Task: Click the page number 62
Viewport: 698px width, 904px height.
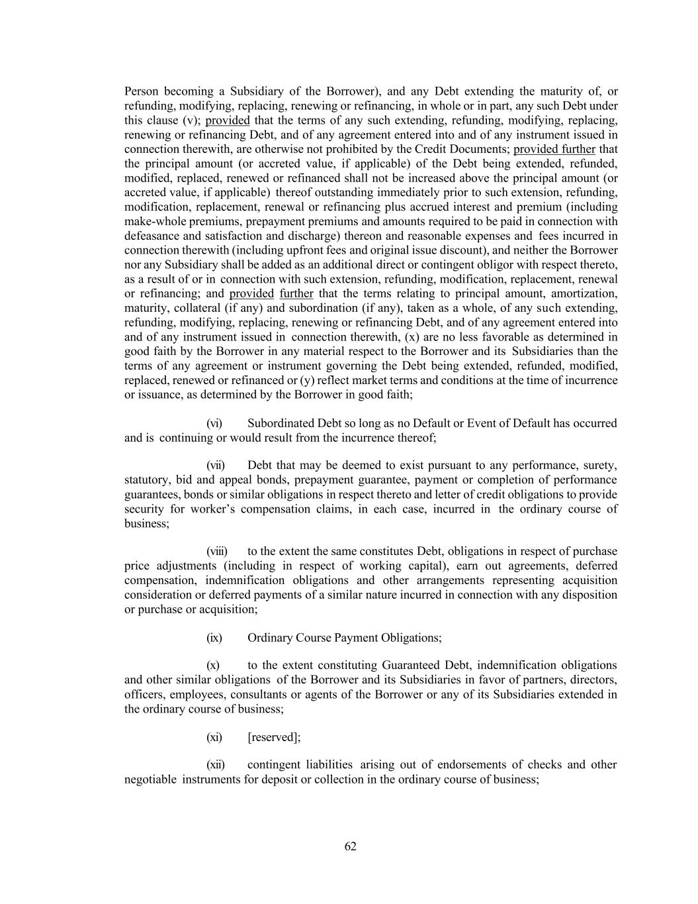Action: (x=350, y=846)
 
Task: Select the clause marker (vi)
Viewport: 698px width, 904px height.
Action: (x=214, y=423)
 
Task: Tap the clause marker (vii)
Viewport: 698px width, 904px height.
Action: (x=215, y=466)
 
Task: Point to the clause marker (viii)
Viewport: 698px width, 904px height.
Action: (x=216, y=552)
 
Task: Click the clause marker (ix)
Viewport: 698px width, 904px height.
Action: (x=214, y=638)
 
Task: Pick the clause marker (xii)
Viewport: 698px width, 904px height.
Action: (x=215, y=765)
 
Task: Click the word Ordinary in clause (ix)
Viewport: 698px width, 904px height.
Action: (x=269, y=638)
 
